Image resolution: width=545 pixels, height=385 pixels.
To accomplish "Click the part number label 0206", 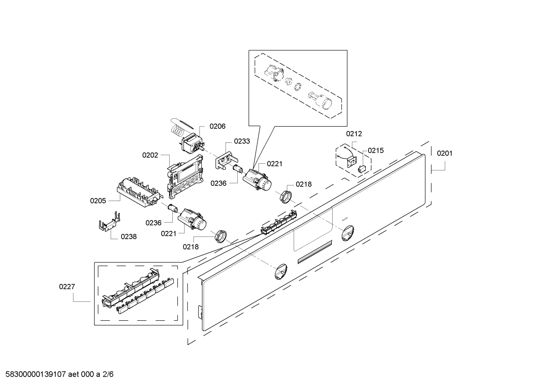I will (217, 127).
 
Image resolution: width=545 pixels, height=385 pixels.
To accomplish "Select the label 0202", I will (150, 155).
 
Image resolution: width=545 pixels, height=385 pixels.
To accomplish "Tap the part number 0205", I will (98, 201).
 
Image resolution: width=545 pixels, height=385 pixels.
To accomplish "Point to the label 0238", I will (129, 237).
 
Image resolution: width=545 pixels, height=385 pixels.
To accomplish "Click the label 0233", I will (242, 141).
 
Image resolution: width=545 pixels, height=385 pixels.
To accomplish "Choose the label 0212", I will (354, 134).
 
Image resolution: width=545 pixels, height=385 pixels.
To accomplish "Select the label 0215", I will (376, 151).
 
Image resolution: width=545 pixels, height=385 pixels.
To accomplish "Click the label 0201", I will (444, 153).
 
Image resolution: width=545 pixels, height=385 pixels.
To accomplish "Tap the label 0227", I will (67, 287).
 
